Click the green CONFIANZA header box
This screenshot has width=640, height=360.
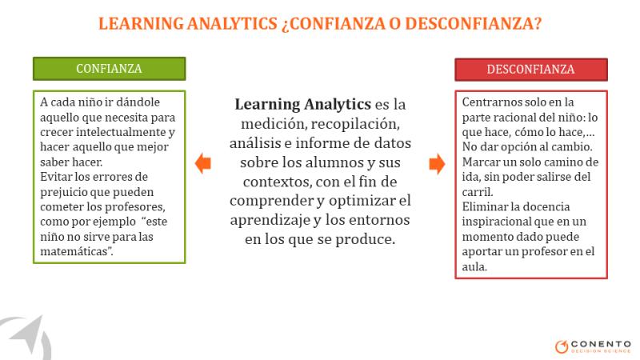click(x=110, y=69)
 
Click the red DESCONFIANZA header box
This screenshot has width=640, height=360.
click(x=531, y=70)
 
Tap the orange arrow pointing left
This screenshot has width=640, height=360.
click(x=203, y=163)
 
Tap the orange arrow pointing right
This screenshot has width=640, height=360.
click(x=437, y=164)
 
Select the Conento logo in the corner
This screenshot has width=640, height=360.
click(x=593, y=346)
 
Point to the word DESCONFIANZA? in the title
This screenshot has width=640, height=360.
click(x=474, y=23)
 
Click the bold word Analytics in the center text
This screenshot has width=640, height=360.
click(x=338, y=105)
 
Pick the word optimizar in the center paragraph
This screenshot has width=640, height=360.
click(x=360, y=201)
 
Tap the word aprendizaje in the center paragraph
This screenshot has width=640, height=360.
click(x=270, y=221)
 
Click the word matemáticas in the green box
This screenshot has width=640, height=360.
click(x=76, y=251)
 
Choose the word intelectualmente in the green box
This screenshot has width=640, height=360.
click(x=121, y=132)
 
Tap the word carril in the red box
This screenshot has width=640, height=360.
click(x=478, y=192)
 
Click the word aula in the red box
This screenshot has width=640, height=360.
click(x=474, y=266)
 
